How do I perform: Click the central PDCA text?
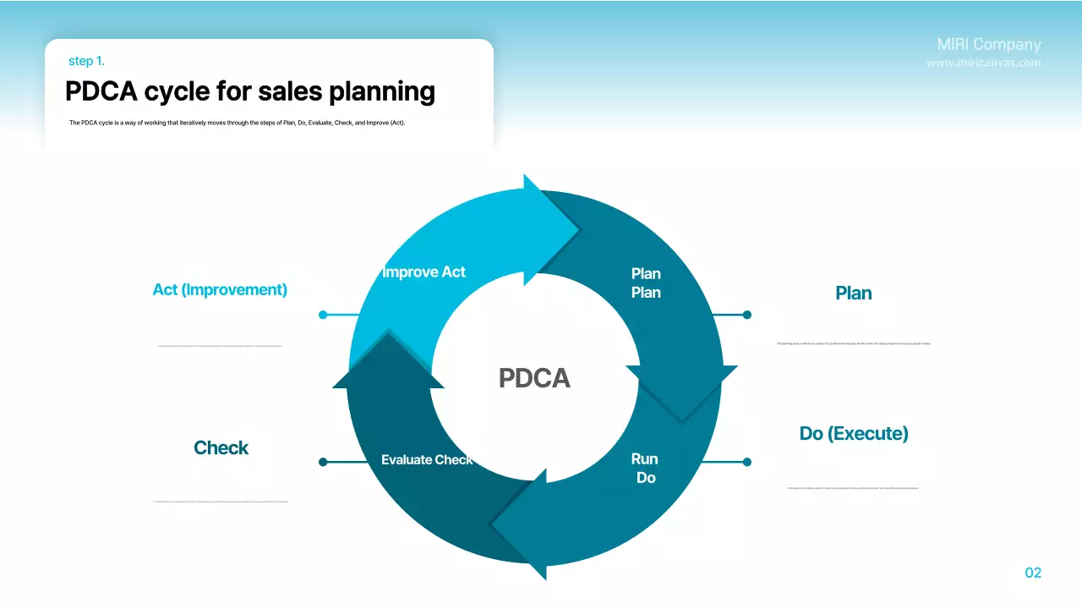(534, 378)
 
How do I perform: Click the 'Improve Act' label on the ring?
(424, 272)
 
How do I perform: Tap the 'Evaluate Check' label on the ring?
(427, 460)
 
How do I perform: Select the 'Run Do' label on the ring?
(645, 469)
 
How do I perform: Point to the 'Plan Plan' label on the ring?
(646, 283)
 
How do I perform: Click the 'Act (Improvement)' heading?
(220, 289)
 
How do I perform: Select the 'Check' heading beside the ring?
(221, 448)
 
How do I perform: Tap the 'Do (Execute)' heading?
(854, 434)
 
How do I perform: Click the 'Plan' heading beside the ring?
(853, 294)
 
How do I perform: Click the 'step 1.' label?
(86, 61)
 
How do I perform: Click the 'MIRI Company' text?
(989, 45)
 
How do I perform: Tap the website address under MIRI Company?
(984, 63)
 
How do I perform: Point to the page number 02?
(1033, 573)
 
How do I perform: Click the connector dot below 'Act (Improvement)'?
(323, 315)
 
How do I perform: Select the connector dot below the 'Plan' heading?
(746, 315)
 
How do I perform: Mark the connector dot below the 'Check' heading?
(323, 462)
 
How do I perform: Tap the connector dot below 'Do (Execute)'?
(746, 462)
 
